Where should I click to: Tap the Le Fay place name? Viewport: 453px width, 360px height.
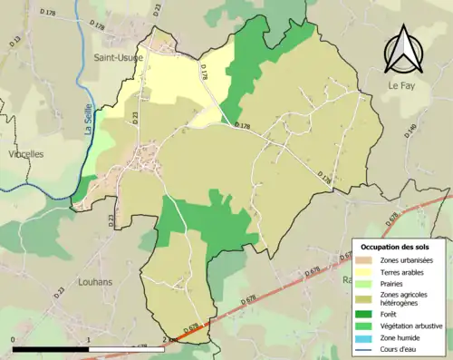tap(403, 85)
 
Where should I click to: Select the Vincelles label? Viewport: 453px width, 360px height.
tap(25, 154)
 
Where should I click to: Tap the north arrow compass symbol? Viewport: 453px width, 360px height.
tap(400, 49)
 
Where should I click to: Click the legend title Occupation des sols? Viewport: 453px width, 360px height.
tap(396, 246)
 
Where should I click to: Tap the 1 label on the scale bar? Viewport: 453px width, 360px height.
tap(89, 340)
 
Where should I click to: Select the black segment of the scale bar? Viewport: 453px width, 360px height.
tap(51, 349)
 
